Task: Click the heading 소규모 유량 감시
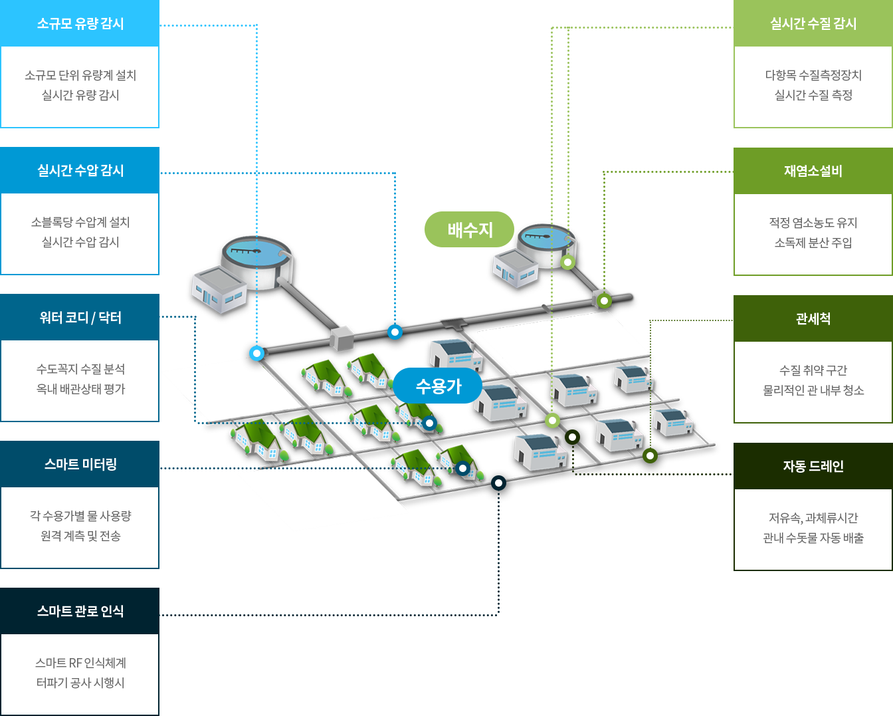(x=80, y=23)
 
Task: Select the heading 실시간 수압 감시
(x=80, y=170)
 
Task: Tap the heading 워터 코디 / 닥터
(x=80, y=317)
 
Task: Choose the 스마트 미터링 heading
(x=80, y=464)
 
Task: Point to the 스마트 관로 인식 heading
(x=80, y=611)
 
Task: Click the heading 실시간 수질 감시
(x=813, y=23)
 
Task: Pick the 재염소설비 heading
(x=813, y=171)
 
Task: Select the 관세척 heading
(x=813, y=318)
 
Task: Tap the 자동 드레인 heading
(x=813, y=466)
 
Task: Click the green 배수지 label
(x=470, y=229)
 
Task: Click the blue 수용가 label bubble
(x=438, y=386)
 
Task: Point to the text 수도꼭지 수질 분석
(x=80, y=369)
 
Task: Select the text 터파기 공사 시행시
(x=80, y=683)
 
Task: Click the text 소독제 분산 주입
(x=813, y=243)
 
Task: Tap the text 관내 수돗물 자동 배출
(x=813, y=538)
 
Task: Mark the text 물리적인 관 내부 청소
(x=813, y=390)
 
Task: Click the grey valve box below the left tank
(x=342, y=338)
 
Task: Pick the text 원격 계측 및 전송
(x=80, y=536)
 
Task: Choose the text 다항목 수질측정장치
(x=813, y=75)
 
